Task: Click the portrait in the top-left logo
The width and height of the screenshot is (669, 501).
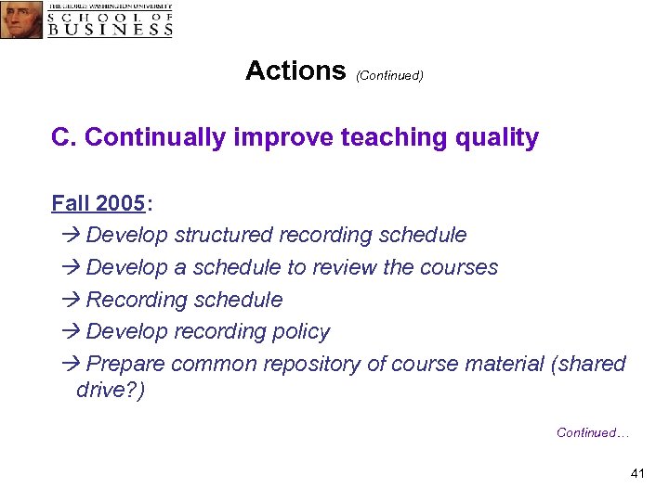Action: point(21,19)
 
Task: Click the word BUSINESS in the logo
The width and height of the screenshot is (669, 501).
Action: point(111,29)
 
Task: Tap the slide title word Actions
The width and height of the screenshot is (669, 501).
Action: point(295,71)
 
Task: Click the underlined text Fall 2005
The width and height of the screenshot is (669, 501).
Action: point(98,203)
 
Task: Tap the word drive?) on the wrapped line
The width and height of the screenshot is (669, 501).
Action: point(111,391)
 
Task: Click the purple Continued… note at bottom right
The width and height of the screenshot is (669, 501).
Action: point(593,432)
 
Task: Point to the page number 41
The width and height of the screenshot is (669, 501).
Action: point(636,474)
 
